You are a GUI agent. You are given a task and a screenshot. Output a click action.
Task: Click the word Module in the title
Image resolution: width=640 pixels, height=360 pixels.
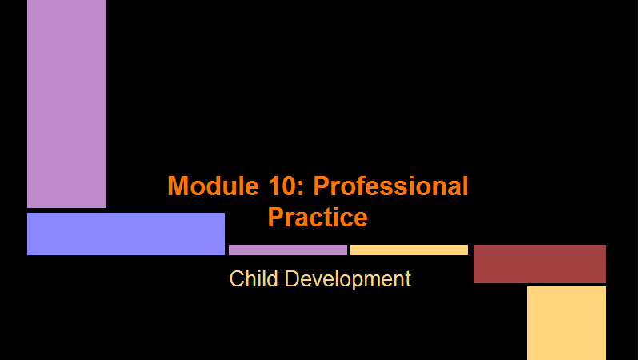[213, 186]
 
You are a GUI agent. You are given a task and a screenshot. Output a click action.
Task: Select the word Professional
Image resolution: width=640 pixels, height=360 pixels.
[390, 186]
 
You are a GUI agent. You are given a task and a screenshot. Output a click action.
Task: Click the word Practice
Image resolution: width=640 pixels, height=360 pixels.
[318, 217]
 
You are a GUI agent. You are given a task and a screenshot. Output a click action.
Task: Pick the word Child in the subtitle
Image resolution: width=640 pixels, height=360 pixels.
[254, 278]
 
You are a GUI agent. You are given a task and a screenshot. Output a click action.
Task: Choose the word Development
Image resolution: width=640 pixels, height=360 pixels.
[348, 279]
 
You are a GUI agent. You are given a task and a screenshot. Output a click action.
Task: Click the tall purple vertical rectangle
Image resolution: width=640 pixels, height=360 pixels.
[66, 104]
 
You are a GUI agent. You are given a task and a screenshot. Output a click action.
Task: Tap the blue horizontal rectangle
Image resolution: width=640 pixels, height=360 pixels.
[126, 234]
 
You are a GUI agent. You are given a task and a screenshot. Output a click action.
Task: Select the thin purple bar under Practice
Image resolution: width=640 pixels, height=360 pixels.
[288, 250]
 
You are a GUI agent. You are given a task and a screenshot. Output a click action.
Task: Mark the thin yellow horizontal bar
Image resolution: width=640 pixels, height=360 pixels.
[409, 250]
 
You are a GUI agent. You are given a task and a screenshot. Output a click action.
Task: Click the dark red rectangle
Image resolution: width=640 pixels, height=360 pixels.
[539, 264]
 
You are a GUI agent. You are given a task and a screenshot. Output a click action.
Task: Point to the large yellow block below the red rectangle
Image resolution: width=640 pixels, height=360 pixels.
[566, 323]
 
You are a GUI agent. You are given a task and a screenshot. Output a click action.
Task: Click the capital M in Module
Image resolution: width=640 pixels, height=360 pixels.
[178, 186]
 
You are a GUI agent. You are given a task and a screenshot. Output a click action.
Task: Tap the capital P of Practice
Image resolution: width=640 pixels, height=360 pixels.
[276, 218]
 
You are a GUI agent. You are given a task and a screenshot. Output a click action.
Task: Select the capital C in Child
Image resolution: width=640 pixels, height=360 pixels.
[237, 279]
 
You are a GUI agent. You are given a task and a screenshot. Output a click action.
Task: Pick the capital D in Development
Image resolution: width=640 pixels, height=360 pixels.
[292, 279]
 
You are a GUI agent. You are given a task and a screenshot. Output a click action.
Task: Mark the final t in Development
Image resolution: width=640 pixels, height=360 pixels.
[408, 280]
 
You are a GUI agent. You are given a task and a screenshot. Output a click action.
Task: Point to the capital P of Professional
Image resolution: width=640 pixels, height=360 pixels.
[322, 186]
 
